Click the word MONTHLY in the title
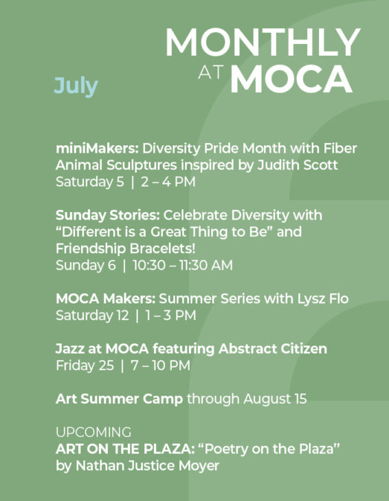click(263, 42)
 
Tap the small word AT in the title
click(210, 72)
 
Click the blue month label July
click(76, 86)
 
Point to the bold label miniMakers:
click(98, 148)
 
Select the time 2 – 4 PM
click(168, 182)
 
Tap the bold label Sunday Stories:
click(108, 215)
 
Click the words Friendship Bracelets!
click(125, 248)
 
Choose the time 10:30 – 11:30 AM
click(183, 265)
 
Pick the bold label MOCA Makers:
click(106, 299)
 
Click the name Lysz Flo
click(323, 299)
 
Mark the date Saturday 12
click(92, 316)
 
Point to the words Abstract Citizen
click(273, 349)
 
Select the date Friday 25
click(85, 365)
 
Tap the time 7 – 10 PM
click(161, 365)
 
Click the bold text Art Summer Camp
click(120, 399)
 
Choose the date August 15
click(275, 399)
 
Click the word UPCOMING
click(93, 432)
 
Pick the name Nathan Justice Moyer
click(147, 465)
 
